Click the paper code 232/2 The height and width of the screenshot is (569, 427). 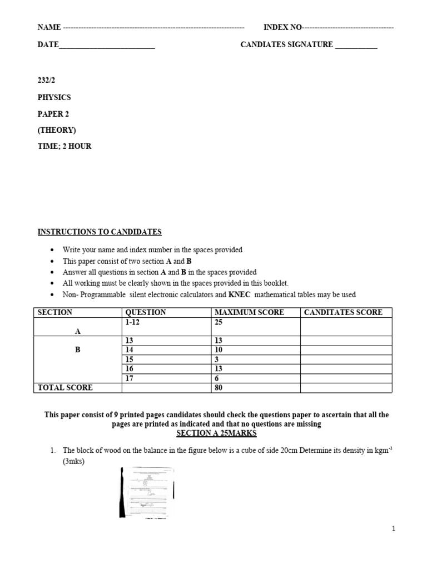[x=47, y=81]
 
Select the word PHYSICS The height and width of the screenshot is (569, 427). [x=54, y=97]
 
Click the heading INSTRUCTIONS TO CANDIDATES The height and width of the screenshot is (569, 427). [x=100, y=232]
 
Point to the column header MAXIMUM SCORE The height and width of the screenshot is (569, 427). [x=249, y=312]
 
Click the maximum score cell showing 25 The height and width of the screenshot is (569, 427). [x=219, y=322]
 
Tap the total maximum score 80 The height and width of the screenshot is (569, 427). [x=219, y=388]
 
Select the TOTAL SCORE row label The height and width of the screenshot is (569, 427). [x=65, y=388]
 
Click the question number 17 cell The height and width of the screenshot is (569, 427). [x=132, y=378]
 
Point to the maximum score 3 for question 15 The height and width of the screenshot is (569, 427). [x=217, y=360]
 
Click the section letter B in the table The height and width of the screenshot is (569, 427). [x=77, y=351]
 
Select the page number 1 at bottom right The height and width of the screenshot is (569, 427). [x=394, y=530]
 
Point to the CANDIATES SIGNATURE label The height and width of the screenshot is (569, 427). [x=286, y=45]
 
